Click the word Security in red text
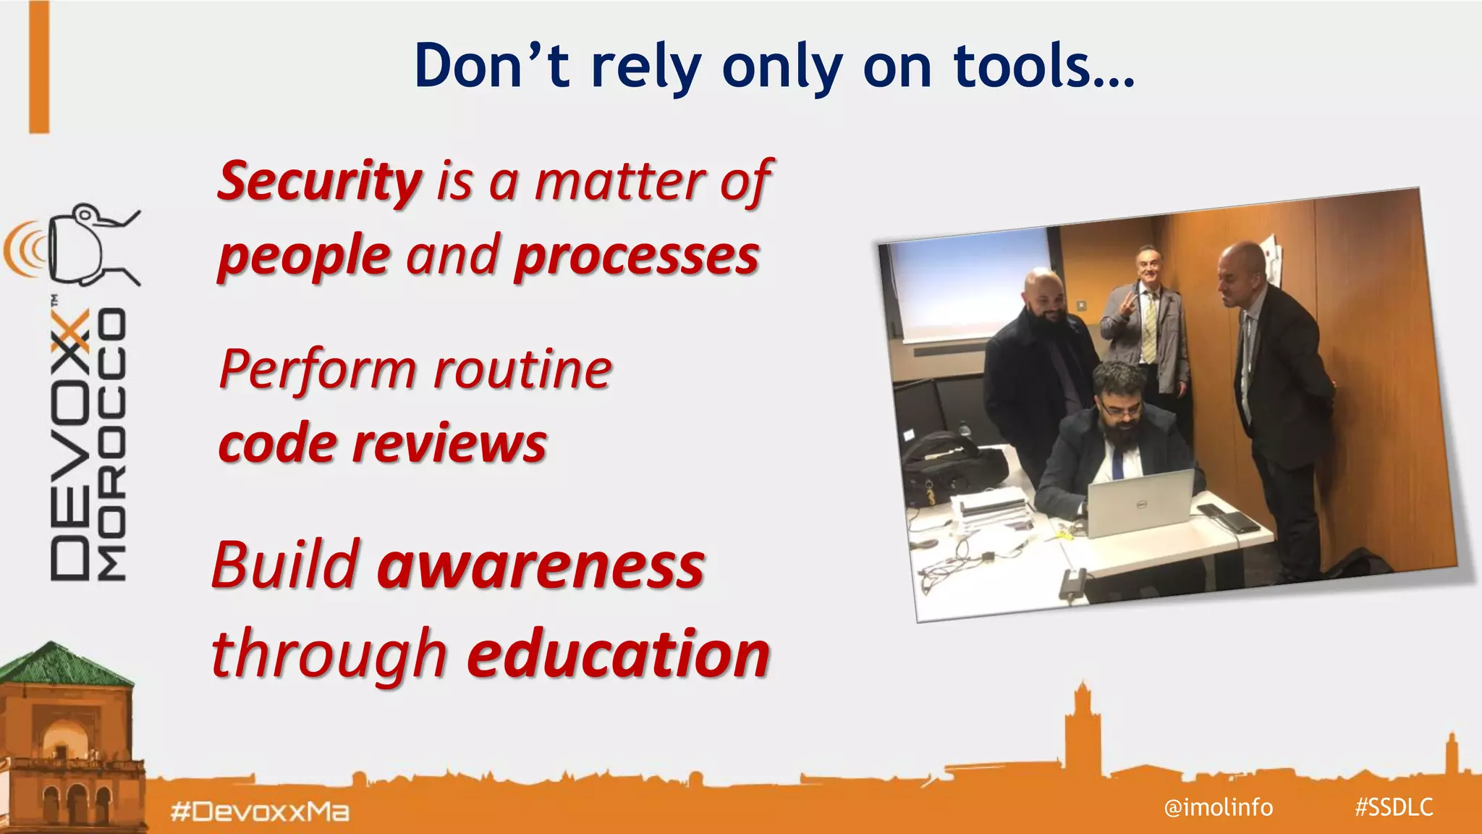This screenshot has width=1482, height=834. pos(319,181)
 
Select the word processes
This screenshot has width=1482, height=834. pos(636,256)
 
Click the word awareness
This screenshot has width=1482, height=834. pos(541,565)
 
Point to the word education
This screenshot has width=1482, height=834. pos(618,654)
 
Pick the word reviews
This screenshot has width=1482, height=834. pos(449,443)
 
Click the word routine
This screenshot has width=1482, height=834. pos(522,369)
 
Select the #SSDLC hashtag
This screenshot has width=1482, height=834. pos(1394,806)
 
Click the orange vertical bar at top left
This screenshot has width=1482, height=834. pos(39,67)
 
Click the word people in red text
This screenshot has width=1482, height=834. pos(304,256)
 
